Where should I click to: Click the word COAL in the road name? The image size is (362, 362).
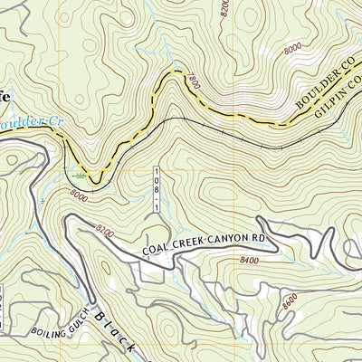[155, 255]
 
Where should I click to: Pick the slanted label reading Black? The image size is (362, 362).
[117, 331]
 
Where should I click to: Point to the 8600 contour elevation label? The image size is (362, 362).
[289, 299]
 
